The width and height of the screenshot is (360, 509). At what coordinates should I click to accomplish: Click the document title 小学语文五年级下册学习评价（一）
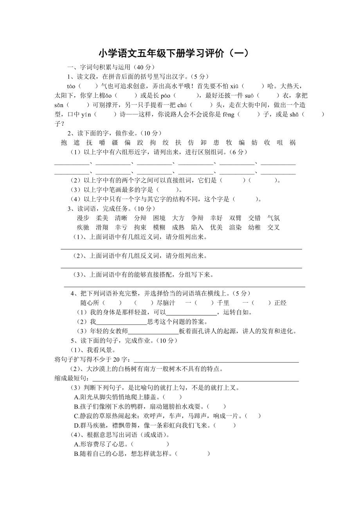coord(174,53)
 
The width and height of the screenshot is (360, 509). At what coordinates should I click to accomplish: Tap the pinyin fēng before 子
coord(229,115)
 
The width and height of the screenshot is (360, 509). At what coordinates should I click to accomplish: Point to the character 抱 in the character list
coord(64,143)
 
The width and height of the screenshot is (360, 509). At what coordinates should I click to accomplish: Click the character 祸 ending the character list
coord(293,143)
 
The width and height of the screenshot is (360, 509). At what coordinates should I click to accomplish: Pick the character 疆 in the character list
coord(115,143)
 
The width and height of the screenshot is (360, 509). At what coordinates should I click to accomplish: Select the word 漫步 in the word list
coord(83,218)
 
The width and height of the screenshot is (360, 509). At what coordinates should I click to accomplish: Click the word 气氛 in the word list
coord(274,218)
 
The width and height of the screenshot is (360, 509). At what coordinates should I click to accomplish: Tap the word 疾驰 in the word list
coord(83,228)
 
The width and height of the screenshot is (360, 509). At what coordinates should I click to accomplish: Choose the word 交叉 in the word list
coord(274,228)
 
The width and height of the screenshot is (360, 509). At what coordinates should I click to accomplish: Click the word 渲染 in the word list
coord(235,228)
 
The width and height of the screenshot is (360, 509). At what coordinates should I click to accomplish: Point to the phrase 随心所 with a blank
coord(92,303)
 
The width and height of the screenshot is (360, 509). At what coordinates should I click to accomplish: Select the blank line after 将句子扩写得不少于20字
coord(216,360)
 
